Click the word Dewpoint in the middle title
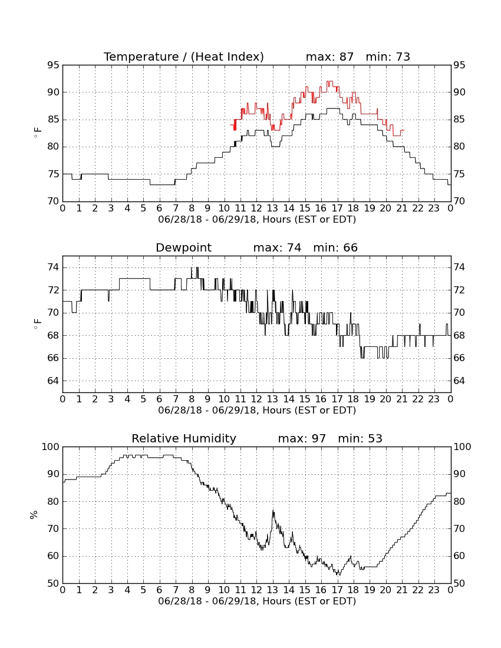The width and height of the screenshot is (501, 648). [183, 248]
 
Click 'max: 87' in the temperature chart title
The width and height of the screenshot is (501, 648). [330, 57]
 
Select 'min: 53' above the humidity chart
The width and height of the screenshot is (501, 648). [360, 438]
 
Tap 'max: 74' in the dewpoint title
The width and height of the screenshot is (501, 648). [278, 248]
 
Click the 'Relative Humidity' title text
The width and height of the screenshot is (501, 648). [184, 439]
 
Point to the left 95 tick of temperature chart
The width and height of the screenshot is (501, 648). [53, 65]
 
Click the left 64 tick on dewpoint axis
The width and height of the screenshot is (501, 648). [53, 381]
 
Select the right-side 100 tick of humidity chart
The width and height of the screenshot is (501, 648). [462, 447]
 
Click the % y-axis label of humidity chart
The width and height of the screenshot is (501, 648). [34, 515]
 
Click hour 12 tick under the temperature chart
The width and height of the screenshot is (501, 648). [256, 209]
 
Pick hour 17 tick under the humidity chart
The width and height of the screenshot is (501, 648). [337, 590]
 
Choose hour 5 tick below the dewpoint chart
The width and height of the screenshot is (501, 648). [143, 399]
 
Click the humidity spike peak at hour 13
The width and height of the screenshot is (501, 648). [273, 511]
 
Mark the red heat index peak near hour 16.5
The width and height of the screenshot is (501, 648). [329, 81]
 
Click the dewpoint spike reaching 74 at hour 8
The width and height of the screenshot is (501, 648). [192, 268]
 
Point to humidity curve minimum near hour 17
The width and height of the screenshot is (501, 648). [338, 574]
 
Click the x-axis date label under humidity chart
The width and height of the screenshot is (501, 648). [257, 601]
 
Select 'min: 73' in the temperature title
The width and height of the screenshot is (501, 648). [388, 57]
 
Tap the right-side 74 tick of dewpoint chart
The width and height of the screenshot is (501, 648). [459, 268]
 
